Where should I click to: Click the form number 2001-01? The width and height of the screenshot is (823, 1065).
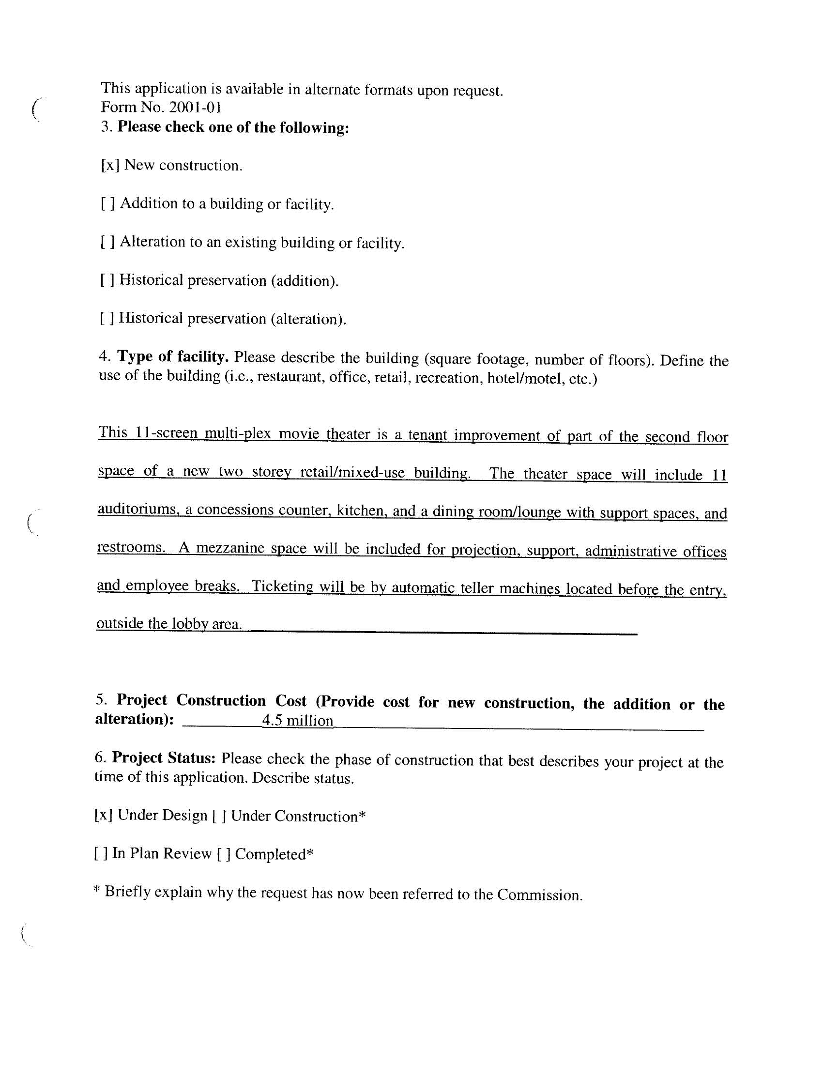point(195,108)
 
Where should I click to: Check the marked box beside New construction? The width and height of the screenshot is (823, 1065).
point(110,165)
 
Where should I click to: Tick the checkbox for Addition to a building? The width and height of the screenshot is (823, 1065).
point(108,203)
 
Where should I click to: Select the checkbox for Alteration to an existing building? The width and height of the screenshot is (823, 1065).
point(108,242)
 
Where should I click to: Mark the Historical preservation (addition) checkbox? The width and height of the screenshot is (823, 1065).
point(107,280)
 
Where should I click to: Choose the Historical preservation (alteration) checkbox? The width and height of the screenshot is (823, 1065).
point(107,318)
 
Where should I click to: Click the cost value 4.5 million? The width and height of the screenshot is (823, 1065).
point(297,720)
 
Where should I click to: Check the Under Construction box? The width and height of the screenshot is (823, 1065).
point(219,816)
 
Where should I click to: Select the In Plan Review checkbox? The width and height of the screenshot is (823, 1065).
point(101,853)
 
